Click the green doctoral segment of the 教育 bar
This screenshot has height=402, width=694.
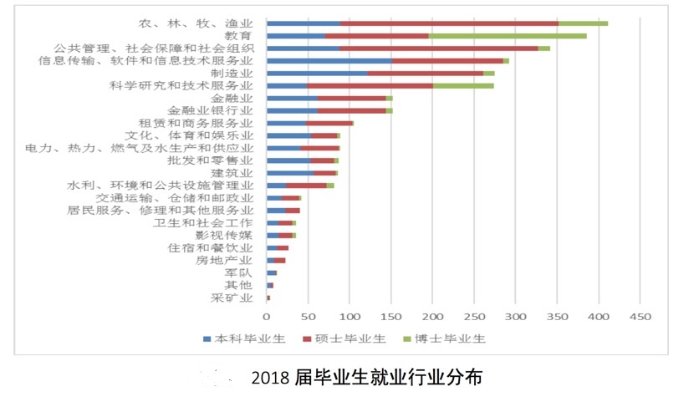[x=508, y=36]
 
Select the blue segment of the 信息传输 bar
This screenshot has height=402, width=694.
[x=329, y=61]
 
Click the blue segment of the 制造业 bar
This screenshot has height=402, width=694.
[x=317, y=74]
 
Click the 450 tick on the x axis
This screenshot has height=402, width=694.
[x=640, y=317]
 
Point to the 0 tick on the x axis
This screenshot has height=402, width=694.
[x=267, y=317]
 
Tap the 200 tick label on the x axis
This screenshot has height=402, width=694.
[x=432, y=317]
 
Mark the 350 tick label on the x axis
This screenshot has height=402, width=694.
[x=557, y=317]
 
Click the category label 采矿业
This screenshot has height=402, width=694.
[x=232, y=298]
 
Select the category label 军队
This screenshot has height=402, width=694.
[x=238, y=272]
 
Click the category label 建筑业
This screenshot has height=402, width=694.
[x=232, y=172]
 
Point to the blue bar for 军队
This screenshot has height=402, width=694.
[x=272, y=272]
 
